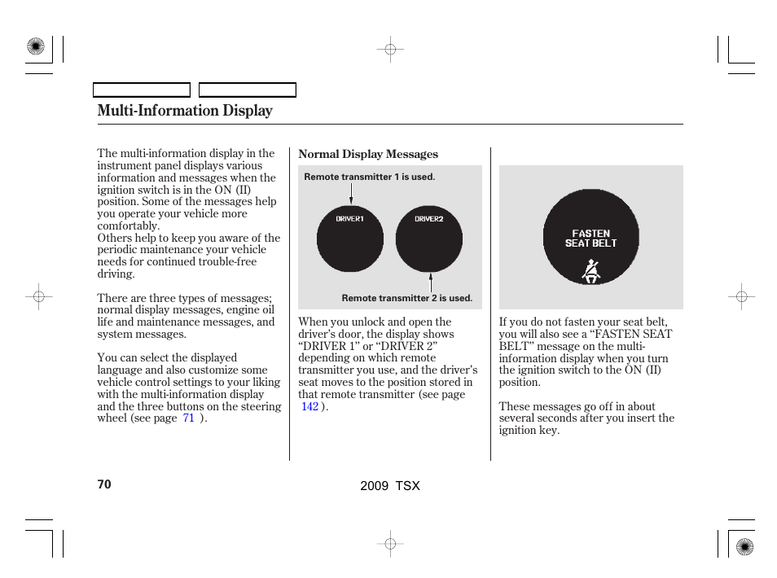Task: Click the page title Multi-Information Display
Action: point(185,111)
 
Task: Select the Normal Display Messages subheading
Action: point(368,154)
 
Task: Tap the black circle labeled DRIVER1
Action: point(349,239)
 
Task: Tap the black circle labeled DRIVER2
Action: point(428,239)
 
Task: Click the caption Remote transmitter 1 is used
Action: point(369,177)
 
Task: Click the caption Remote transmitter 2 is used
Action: point(406,298)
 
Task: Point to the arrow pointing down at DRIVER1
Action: point(351,195)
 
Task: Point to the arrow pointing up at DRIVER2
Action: point(430,282)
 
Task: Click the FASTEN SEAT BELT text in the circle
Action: point(590,238)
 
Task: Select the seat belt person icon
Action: point(591,270)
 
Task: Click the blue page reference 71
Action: point(188,418)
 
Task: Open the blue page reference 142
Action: point(309,406)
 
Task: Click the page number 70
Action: point(103,484)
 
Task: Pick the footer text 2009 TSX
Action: point(389,485)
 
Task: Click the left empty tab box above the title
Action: point(142,90)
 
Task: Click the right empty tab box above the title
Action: point(248,90)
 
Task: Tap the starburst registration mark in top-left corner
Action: point(36,47)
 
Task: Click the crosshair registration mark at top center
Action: point(390,50)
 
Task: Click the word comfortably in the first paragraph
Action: point(127,226)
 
